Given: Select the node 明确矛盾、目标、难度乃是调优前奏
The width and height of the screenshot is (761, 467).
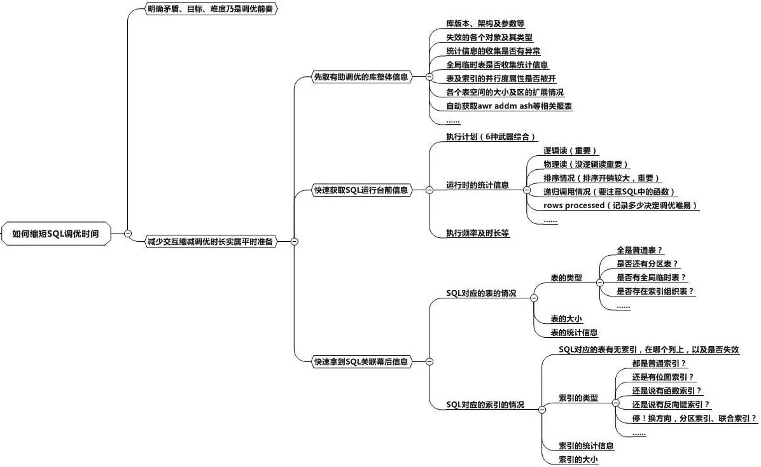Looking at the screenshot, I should (203, 10).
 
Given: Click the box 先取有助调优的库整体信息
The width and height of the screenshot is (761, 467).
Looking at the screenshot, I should (361, 77).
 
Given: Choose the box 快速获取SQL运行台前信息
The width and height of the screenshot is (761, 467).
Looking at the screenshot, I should (361, 190).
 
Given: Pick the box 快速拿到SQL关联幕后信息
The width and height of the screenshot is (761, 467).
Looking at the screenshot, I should (361, 361).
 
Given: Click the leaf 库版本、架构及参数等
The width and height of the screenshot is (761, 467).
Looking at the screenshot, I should (480, 23).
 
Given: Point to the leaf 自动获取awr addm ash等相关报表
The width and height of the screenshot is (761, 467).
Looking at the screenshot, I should (510, 106).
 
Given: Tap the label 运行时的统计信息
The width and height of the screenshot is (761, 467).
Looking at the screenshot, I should (477, 185).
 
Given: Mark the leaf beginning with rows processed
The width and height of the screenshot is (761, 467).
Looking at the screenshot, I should (621, 206).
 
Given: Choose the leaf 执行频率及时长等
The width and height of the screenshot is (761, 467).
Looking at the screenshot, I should (478, 233).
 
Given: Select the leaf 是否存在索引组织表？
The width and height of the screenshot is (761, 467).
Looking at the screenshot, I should (655, 291).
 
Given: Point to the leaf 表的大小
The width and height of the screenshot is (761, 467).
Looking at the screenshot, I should (566, 319).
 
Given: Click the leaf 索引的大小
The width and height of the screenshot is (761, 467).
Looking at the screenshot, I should (578, 459).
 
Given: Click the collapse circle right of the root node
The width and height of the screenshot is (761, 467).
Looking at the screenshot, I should (128, 233).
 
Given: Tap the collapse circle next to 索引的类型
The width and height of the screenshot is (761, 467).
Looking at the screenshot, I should (615, 402).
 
